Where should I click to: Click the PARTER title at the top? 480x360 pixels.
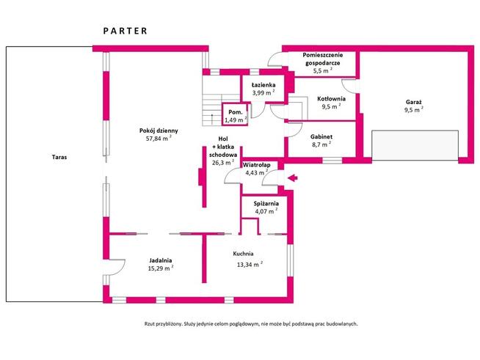[125, 31]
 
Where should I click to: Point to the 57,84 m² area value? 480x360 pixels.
[159, 138]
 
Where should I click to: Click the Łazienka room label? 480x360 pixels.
[263, 85]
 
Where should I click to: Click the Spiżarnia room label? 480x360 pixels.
[265, 204]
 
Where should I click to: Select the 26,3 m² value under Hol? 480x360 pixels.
[222, 163]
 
